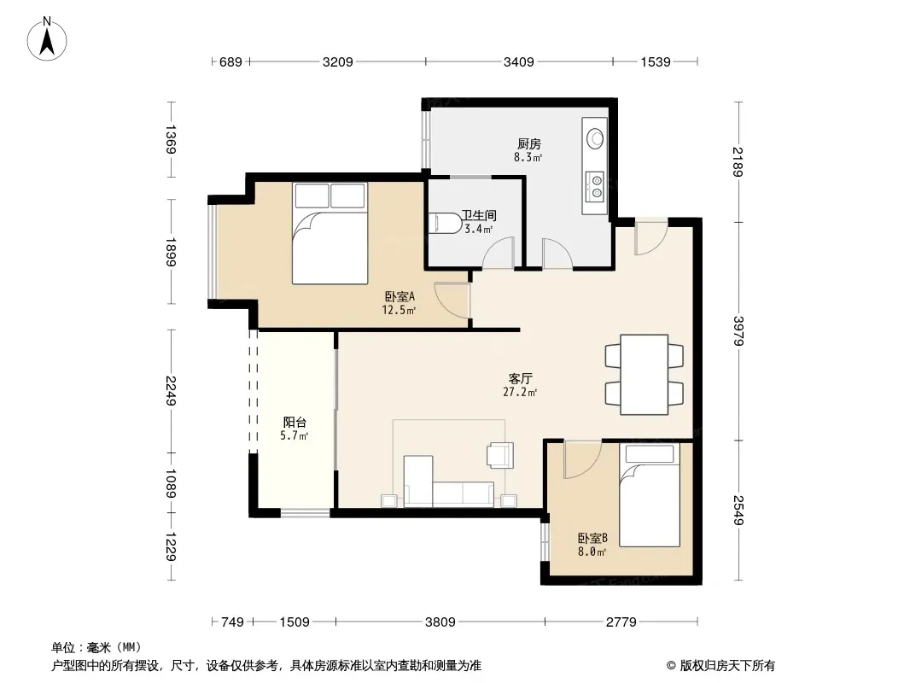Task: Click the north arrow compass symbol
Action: tap(47, 39)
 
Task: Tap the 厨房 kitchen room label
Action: tap(528, 143)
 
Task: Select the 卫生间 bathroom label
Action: tap(479, 215)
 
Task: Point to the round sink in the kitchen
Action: tap(596, 137)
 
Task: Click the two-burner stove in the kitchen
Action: tap(595, 186)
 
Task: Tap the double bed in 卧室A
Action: tap(330, 233)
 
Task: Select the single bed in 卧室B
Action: tap(650, 495)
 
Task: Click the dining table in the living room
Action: tap(645, 374)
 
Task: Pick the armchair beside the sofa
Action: tap(500, 455)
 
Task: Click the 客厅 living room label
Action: tap(520, 378)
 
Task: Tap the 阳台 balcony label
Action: tap(295, 422)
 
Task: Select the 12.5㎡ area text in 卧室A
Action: tap(398, 310)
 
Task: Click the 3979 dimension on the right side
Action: tap(738, 330)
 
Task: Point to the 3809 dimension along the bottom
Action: tap(440, 622)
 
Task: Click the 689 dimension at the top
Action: tap(230, 61)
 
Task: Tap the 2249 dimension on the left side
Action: tap(171, 390)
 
